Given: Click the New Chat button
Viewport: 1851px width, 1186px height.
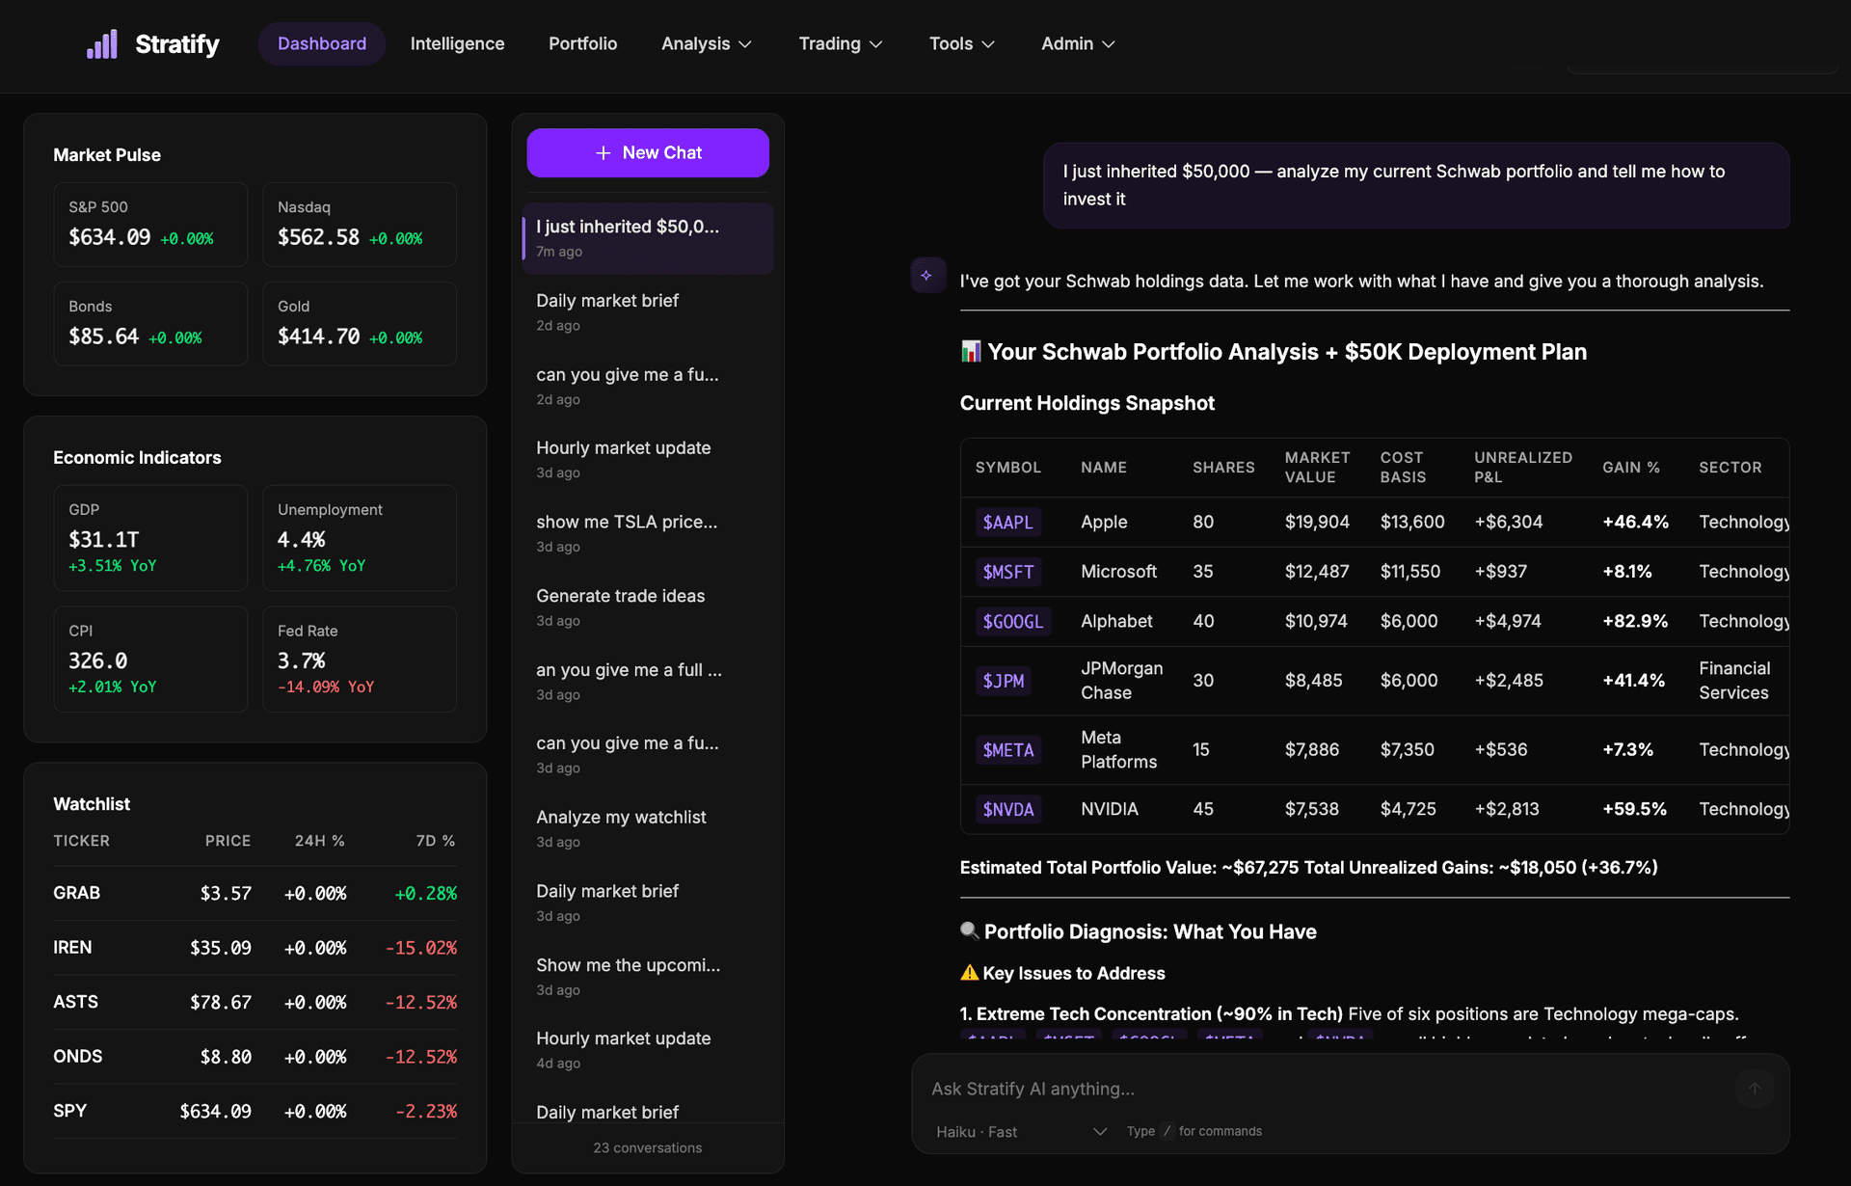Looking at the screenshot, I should click(648, 152).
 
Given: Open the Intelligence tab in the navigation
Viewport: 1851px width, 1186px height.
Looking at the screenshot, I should click(457, 43).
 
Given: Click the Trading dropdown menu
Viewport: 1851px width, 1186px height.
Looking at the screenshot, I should click(840, 43).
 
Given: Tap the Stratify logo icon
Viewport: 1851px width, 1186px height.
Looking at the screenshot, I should click(102, 43).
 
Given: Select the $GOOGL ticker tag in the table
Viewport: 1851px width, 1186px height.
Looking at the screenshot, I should click(1012, 621).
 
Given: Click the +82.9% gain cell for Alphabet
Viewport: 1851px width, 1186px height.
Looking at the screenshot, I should click(1634, 621).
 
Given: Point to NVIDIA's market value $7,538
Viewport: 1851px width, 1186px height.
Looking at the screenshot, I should click(1311, 809).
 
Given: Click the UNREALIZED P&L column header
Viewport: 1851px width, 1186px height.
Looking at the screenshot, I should click(1522, 467).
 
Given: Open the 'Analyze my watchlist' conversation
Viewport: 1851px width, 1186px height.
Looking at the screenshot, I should click(621, 817).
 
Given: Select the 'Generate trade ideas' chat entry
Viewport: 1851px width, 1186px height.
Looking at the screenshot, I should click(620, 596).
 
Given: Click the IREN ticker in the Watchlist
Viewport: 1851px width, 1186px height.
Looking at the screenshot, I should click(72, 947).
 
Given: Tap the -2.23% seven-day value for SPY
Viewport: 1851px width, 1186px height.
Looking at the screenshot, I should click(425, 1111).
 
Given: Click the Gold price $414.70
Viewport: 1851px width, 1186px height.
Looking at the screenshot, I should click(318, 337).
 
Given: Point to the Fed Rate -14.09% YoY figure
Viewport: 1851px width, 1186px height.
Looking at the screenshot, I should click(326, 687).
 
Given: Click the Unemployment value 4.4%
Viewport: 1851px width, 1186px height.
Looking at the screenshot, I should click(301, 539).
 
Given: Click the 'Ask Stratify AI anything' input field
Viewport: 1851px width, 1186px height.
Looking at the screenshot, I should click(1321, 1089).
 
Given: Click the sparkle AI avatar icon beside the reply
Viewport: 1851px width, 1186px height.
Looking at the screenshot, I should click(926, 276).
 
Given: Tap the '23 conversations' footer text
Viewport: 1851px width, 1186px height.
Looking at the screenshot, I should click(647, 1147).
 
